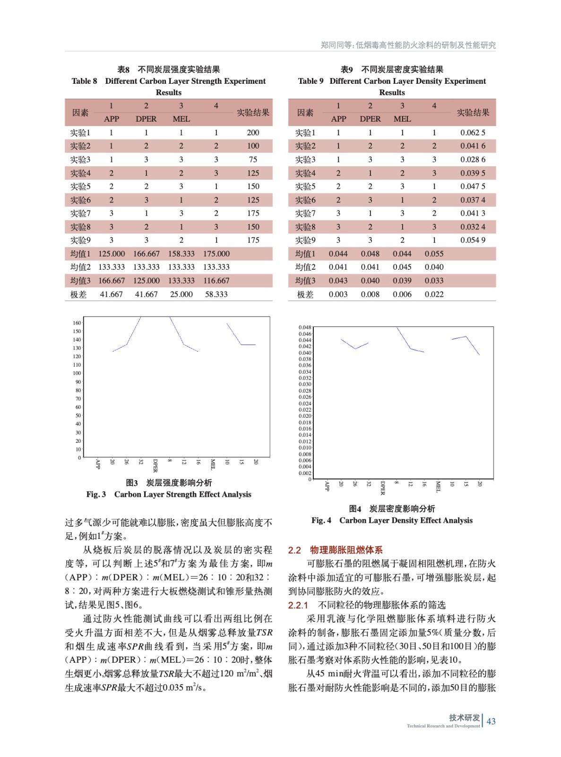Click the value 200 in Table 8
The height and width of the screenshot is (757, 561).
pyautogui.click(x=253, y=133)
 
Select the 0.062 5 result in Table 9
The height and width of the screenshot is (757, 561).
pyautogui.click(x=473, y=133)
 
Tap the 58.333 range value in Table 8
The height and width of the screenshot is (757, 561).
pyautogui.click(x=216, y=294)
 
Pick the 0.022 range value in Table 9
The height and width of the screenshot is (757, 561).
pyautogui.click(x=434, y=294)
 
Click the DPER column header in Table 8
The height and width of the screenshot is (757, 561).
pyautogui.click(x=146, y=119)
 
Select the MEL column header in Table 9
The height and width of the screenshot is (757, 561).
pyautogui.click(x=402, y=119)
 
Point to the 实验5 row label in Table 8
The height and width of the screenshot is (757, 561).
pyautogui.click(x=80, y=186)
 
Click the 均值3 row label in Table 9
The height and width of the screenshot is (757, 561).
pyautogui.click(x=305, y=281)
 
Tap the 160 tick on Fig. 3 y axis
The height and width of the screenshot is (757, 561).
pyautogui.click(x=77, y=323)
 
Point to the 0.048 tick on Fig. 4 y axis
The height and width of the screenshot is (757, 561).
pyautogui.click(x=305, y=327)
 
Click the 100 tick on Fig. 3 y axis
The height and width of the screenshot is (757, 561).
pyautogui.click(x=77, y=373)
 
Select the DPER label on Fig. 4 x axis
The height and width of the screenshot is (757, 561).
pyautogui.click(x=383, y=488)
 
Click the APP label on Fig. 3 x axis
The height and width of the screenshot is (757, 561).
pyautogui.click(x=98, y=464)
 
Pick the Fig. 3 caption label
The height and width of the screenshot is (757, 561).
pyautogui.click(x=96, y=494)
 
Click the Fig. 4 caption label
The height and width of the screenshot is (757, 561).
pyautogui.click(x=321, y=520)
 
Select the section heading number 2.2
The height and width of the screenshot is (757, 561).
pyautogui.click(x=294, y=550)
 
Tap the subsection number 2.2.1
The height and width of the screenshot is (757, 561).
pyautogui.click(x=298, y=605)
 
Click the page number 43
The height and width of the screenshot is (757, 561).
pyautogui.click(x=491, y=721)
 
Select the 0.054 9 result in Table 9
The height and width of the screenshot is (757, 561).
pyautogui.click(x=473, y=240)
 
